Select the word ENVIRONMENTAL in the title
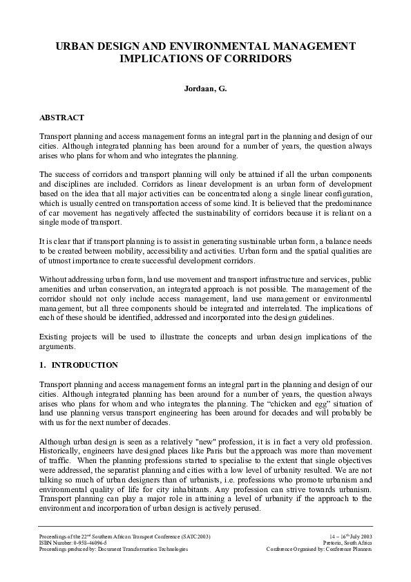tap(207, 46)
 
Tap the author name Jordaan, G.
tap(205, 88)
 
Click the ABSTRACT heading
tap(61, 118)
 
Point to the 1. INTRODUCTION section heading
tap(79, 365)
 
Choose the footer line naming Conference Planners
tap(319, 550)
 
